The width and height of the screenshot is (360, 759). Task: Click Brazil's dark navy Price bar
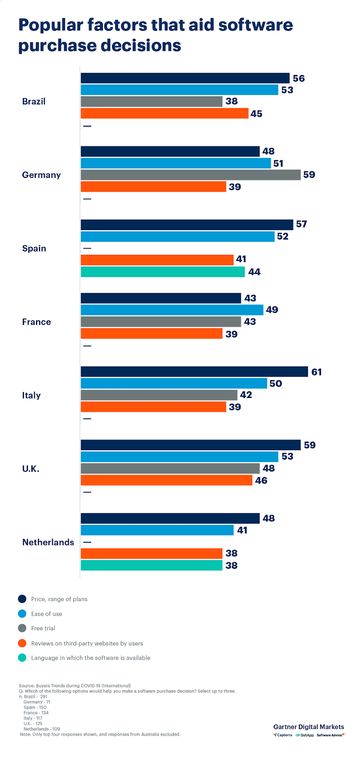[x=185, y=78]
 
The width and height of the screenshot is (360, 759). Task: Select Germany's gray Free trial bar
[x=191, y=175]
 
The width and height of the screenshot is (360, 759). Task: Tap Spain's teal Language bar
[x=163, y=272]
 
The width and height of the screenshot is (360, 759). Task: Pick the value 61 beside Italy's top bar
[x=316, y=372]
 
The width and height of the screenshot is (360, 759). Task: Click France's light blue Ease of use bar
[x=172, y=310]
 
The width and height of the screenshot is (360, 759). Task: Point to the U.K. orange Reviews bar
[x=166, y=480]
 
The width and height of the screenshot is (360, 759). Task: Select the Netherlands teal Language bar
[x=151, y=565]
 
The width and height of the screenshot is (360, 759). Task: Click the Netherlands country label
[x=48, y=542]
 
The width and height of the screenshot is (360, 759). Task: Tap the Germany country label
[x=41, y=175]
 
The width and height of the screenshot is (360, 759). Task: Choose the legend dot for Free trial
[x=22, y=628]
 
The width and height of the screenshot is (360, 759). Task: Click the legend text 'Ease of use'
[x=46, y=614]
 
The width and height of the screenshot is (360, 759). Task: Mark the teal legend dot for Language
[x=22, y=658]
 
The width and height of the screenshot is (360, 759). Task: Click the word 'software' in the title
[x=255, y=25]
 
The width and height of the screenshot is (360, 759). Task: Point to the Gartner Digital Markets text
[x=308, y=727]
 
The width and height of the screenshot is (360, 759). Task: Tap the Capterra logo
[x=283, y=735]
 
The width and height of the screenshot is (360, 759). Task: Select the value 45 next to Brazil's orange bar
[x=256, y=114]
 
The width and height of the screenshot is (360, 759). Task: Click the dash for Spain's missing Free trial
[x=87, y=248]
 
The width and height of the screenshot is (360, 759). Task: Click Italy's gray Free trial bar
[x=159, y=395]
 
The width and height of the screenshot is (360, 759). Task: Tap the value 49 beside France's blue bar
[x=272, y=310]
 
